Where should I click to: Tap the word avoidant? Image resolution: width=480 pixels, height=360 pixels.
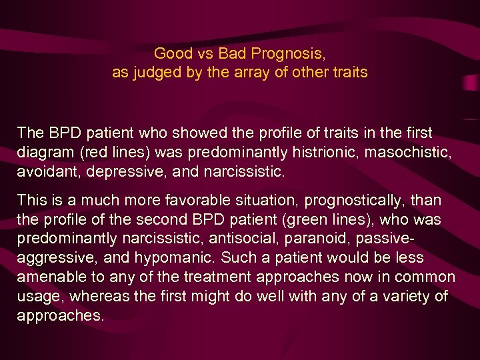[x=44, y=172]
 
